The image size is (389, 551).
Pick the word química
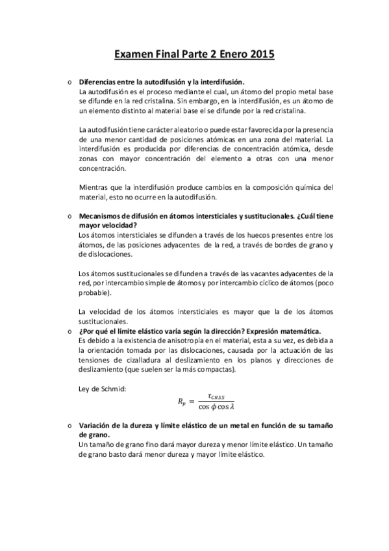296,187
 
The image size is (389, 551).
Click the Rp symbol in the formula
184,403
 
